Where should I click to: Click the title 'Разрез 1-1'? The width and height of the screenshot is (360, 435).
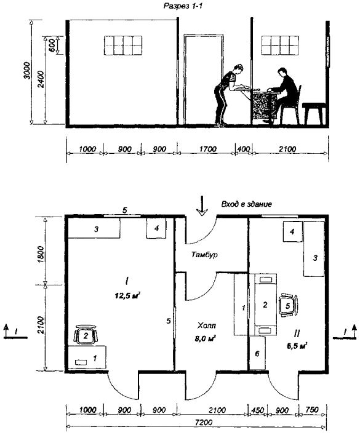pos(183,6)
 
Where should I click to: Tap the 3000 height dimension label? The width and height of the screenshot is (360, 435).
pos(28,71)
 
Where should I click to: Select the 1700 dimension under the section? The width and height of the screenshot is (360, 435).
pos(207,149)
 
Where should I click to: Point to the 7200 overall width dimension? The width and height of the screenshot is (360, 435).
pos(204,423)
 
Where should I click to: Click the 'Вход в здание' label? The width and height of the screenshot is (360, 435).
pos(247,204)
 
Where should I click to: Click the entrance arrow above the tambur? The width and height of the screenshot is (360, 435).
pos(202,206)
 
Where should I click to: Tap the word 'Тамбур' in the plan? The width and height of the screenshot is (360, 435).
pos(204,254)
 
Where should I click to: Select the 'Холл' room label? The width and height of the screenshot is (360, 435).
pos(207,325)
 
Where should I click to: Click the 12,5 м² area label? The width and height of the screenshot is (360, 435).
pos(127,296)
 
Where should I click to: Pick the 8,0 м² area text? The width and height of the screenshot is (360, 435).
pos(206,338)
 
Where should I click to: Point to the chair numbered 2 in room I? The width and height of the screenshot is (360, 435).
pos(86,335)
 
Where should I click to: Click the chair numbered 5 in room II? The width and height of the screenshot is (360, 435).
pos(288,305)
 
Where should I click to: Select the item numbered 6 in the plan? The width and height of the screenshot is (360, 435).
pos(257,353)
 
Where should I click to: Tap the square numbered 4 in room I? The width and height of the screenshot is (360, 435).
pos(156,228)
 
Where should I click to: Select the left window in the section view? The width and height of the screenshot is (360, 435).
pos(123,46)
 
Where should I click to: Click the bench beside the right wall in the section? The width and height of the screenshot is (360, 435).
pos(314,113)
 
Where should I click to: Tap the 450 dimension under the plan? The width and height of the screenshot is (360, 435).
pos(257,410)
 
